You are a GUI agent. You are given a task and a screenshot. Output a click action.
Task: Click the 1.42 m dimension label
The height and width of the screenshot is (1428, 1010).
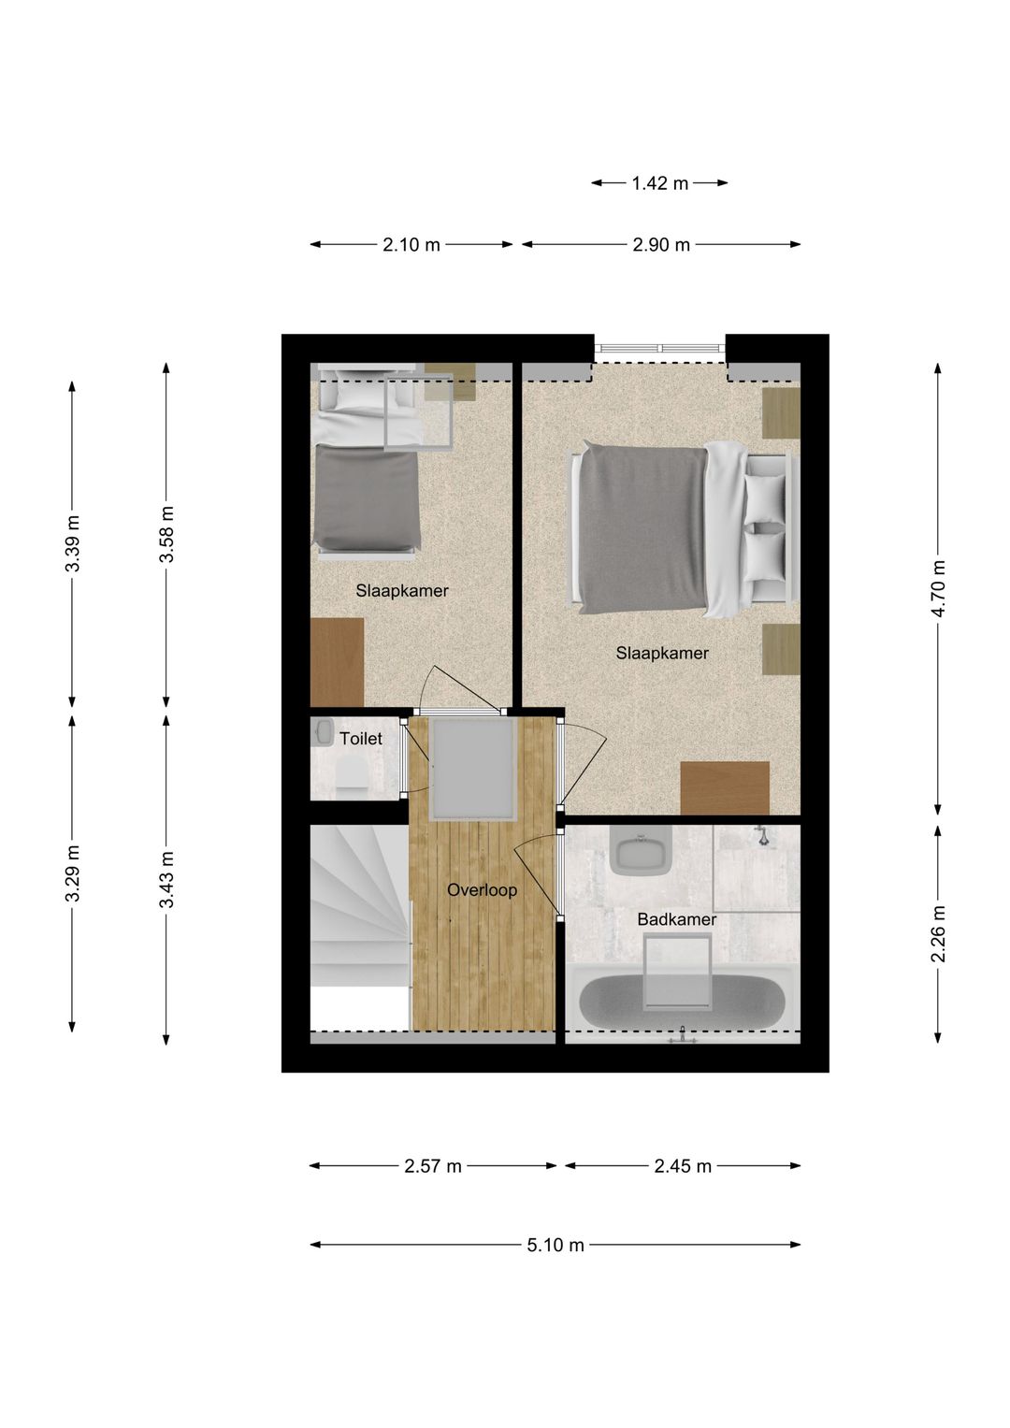coord(659,183)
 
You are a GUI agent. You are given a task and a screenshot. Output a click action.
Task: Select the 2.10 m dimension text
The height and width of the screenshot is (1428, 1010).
coord(411,245)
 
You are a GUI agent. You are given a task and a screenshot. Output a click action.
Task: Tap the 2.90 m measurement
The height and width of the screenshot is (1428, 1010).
coord(661,245)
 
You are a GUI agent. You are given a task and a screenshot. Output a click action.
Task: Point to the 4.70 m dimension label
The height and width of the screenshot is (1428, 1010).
coord(938,587)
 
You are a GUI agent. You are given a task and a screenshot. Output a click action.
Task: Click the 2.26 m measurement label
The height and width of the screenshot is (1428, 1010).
coord(938,932)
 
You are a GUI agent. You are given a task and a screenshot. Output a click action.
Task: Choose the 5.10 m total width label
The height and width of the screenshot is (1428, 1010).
coord(555,1245)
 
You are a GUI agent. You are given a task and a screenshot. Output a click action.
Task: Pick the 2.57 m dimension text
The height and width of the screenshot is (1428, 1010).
coord(433,1166)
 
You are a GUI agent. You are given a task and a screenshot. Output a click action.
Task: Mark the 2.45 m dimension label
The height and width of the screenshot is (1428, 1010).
coord(683,1166)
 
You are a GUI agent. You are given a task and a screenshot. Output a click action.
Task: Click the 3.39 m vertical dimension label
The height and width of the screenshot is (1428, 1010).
coord(72,543)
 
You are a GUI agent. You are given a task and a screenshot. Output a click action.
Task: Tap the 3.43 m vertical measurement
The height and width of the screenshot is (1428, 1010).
coord(166,879)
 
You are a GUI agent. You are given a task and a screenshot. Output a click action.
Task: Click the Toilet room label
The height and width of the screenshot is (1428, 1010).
coord(361,739)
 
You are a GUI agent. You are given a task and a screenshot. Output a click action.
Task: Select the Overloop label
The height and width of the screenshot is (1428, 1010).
coord(482,890)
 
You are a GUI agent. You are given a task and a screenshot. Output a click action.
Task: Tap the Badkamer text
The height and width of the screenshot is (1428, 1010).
coord(676,919)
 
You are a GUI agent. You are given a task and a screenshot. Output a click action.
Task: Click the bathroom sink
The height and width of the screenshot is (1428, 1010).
coord(641,852)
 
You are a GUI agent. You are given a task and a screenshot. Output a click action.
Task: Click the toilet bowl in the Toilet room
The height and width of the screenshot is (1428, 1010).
coord(353,775)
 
